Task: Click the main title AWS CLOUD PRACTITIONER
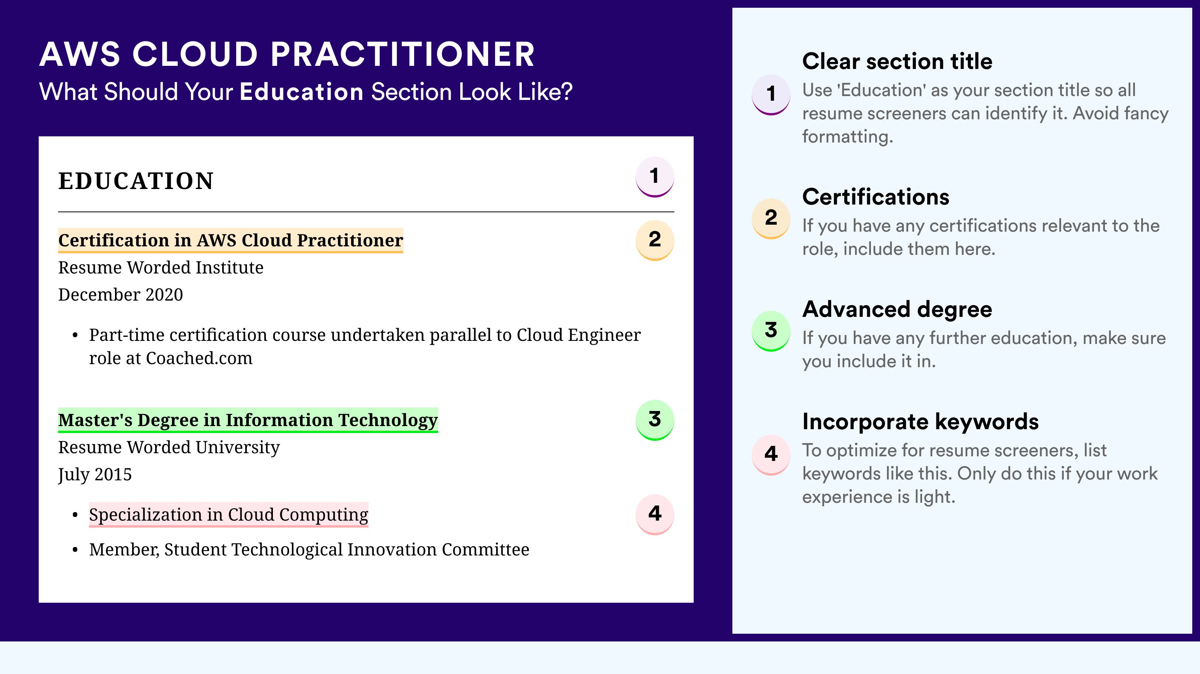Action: (287, 54)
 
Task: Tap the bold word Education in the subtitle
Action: (302, 91)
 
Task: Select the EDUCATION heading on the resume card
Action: (135, 181)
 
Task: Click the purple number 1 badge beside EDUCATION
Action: (655, 177)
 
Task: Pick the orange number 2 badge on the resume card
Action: (655, 240)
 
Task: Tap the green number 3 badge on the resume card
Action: (655, 420)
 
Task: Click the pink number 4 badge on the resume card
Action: (655, 514)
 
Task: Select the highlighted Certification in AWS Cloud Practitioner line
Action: (231, 241)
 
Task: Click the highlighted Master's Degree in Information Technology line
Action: (248, 420)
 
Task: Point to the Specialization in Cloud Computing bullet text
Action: (229, 514)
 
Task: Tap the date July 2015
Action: (95, 475)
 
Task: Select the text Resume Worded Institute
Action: (161, 268)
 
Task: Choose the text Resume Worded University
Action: (169, 447)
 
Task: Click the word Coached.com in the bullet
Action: (199, 358)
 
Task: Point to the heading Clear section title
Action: (897, 61)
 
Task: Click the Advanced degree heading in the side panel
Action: (897, 309)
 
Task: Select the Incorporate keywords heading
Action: (921, 422)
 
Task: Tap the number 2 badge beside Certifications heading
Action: (771, 218)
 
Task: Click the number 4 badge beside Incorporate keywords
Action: (771, 455)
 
